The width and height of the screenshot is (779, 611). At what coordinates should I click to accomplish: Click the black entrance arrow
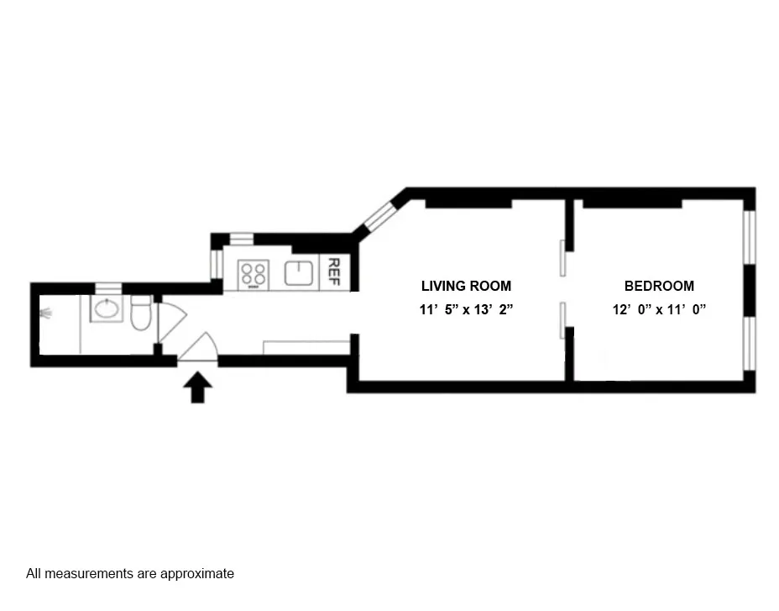pyautogui.click(x=197, y=388)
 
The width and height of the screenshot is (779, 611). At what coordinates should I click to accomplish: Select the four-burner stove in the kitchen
pyautogui.click(x=254, y=273)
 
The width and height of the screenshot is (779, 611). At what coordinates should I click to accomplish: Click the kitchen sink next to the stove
pyautogui.click(x=299, y=273)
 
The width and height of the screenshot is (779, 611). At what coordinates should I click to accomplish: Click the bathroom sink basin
pyautogui.click(x=107, y=309)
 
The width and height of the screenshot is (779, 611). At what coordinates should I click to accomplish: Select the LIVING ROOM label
pyautogui.click(x=466, y=286)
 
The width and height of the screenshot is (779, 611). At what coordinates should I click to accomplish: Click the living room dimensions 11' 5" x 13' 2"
pyautogui.click(x=466, y=309)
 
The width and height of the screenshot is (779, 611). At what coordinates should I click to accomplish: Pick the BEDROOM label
pyautogui.click(x=659, y=286)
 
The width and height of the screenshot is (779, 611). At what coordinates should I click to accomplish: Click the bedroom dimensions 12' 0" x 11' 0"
pyautogui.click(x=659, y=309)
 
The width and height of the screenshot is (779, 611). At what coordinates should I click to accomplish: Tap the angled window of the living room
pyautogui.click(x=379, y=216)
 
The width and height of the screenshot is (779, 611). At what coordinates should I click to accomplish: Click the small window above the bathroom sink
pyautogui.click(x=107, y=288)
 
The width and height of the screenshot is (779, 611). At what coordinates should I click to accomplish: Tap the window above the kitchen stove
pyautogui.click(x=242, y=237)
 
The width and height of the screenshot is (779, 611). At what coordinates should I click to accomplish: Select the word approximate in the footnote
pyautogui.click(x=201, y=574)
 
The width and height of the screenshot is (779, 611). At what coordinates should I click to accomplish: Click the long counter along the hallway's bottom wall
pyautogui.click(x=306, y=347)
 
